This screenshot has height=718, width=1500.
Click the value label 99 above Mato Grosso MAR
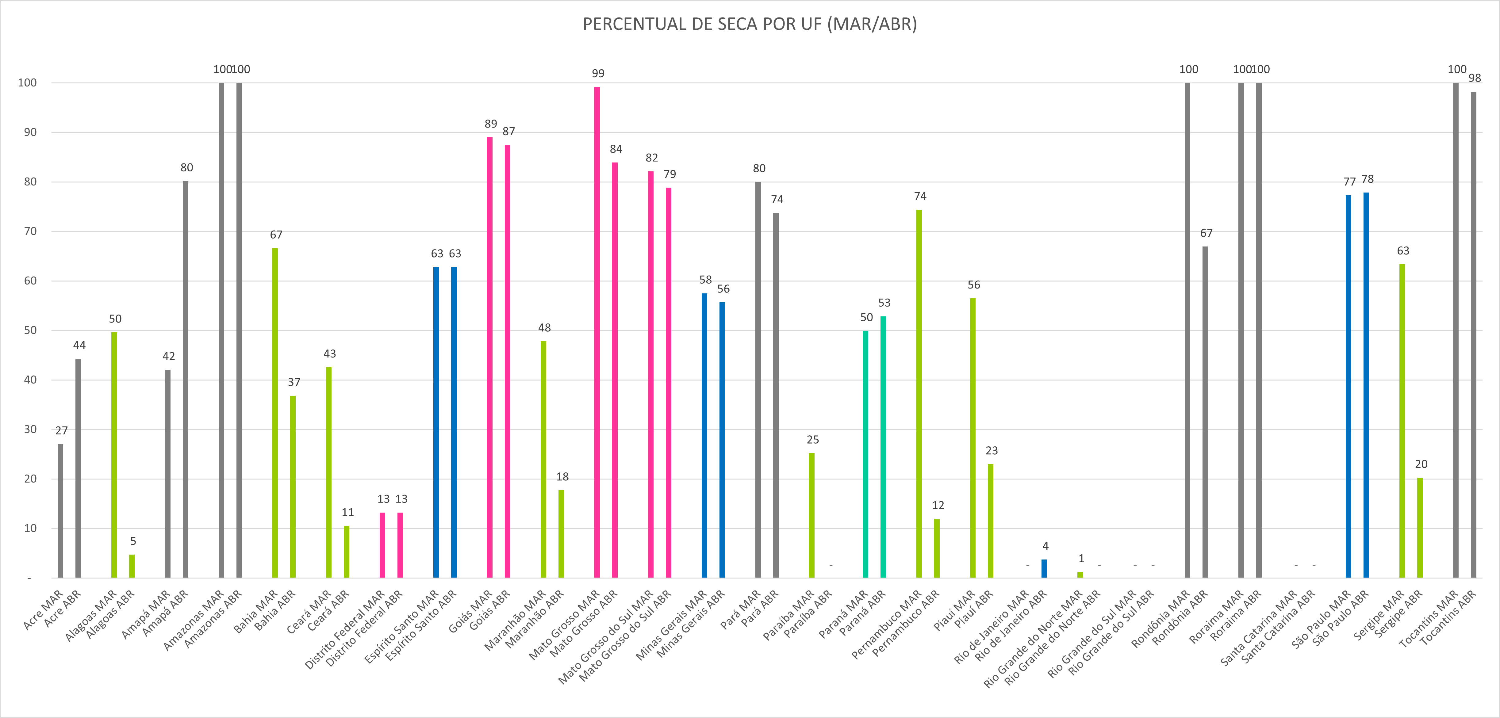point(598,73)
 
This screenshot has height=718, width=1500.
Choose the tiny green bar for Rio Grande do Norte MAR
point(1080,575)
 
